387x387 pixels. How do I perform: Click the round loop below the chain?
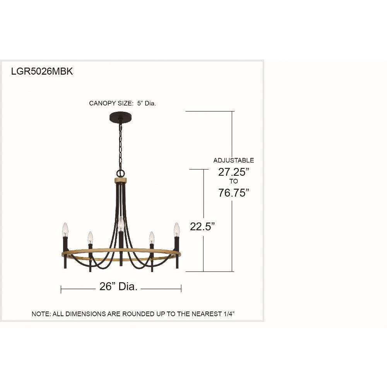[x=121, y=173]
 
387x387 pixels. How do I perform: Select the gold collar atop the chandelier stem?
[x=120, y=181]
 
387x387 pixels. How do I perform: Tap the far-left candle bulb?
[x=65, y=229]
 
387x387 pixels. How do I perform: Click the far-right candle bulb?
[x=177, y=229]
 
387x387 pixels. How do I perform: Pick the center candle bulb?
[x=121, y=224]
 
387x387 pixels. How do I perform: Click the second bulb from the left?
[x=90, y=237]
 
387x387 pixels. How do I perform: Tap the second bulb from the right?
[x=152, y=237]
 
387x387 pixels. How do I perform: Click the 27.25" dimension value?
[x=233, y=172]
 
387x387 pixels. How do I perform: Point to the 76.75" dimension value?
[x=233, y=192]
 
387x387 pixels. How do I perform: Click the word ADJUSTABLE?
[x=233, y=160]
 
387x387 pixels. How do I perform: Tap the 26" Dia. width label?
[x=118, y=287]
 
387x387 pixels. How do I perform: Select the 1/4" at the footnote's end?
[x=228, y=314]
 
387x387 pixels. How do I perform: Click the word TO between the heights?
[x=233, y=182]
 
